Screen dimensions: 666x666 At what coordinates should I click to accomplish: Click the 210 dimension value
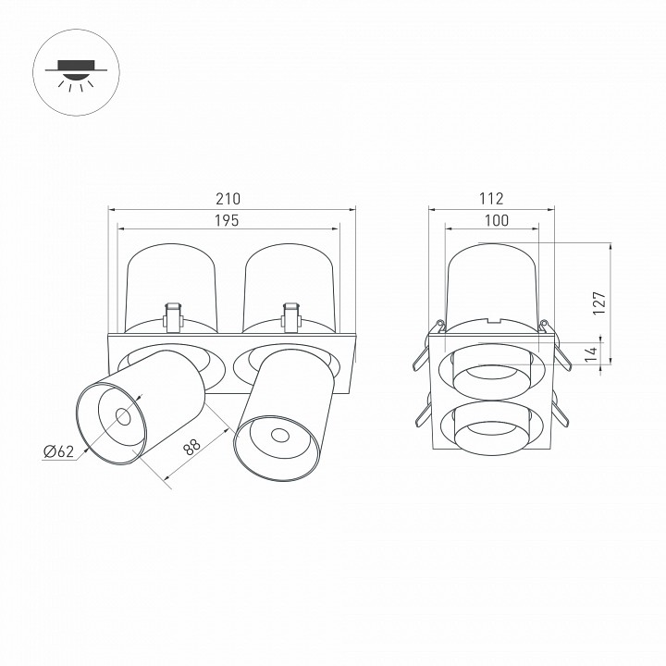tap(228, 199)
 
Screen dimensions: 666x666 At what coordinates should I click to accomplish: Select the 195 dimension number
tap(227, 220)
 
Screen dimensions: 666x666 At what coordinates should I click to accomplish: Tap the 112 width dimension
tap(491, 199)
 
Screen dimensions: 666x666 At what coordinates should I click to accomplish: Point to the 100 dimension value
tap(497, 220)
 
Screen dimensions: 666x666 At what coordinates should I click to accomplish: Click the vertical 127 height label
tap(599, 302)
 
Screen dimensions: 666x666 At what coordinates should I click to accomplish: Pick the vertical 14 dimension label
tap(591, 353)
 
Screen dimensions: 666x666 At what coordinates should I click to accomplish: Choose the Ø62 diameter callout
tap(58, 451)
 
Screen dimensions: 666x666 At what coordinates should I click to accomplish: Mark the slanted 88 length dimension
tap(192, 448)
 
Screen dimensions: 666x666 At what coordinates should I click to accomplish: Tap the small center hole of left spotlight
tap(123, 416)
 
